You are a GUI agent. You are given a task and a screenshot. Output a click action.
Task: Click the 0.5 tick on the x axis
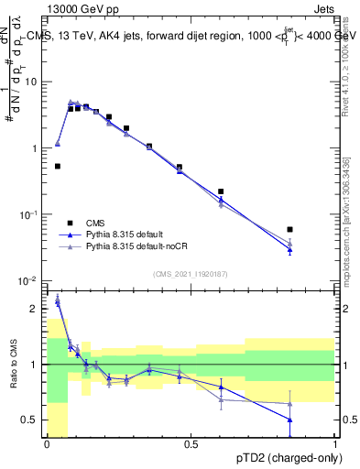click(191, 444)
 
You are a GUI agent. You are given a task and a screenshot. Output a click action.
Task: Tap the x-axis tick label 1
click(334, 444)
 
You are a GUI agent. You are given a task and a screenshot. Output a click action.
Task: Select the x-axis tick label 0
click(47, 444)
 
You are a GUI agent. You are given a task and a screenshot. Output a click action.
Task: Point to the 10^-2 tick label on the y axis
click(29, 280)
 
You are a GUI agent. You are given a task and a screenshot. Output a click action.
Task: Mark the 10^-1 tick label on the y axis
click(29, 214)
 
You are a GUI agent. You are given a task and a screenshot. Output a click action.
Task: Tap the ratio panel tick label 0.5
click(33, 420)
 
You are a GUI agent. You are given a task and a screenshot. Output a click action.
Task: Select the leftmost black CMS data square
click(58, 166)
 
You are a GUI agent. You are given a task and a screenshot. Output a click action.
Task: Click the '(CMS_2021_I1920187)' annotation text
click(190, 274)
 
